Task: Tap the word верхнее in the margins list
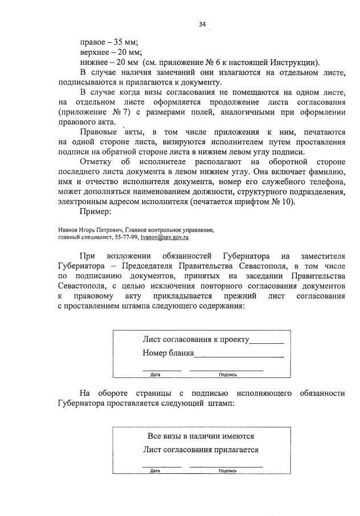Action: (95, 52)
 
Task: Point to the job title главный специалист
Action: (81, 237)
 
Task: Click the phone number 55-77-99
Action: (116, 237)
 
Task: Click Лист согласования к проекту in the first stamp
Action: (196, 340)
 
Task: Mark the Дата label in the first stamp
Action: (156, 375)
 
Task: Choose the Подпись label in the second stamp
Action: (227, 471)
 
